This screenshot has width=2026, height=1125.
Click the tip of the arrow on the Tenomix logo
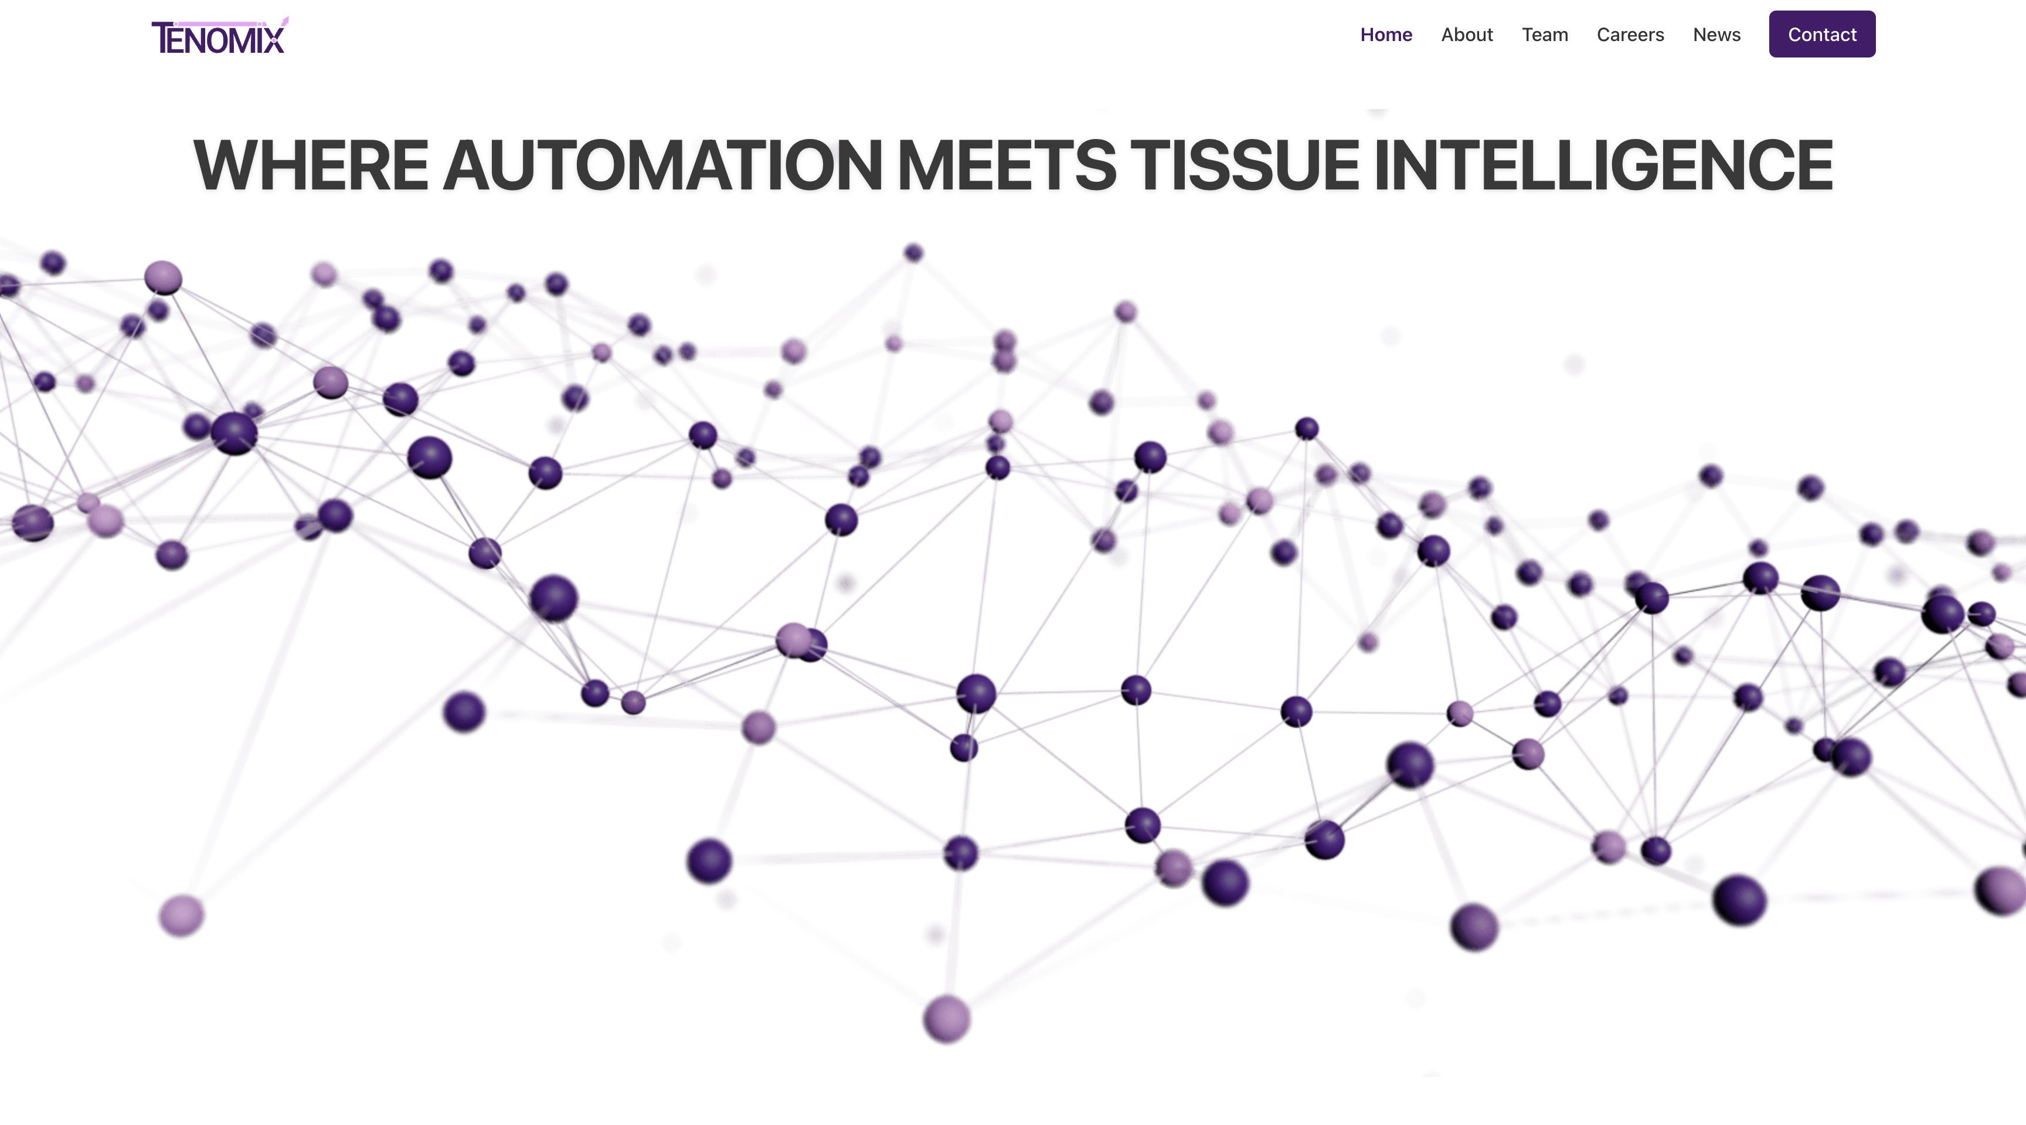(288, 16)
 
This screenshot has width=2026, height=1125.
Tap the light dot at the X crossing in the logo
(274, 40)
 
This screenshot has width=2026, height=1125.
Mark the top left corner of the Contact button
(1770, 11)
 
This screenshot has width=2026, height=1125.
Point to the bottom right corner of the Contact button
(1875, 57)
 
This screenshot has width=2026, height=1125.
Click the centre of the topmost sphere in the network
(913, 253)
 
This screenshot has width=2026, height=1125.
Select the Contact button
(1823, 34)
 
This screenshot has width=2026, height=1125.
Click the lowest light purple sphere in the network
(947, 1019)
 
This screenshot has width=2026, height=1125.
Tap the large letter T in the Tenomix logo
(163, 38)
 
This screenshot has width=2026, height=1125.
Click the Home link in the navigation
(1386, 35)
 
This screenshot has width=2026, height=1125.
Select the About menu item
(1467, 35)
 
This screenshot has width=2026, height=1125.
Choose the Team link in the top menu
(1545, 35)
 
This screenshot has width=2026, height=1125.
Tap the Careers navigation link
(1630, 35)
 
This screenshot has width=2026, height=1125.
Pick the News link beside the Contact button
(1717, 35)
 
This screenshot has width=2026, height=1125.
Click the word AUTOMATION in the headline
(664, 165)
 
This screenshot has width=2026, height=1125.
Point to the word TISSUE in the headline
(1245, 165)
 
